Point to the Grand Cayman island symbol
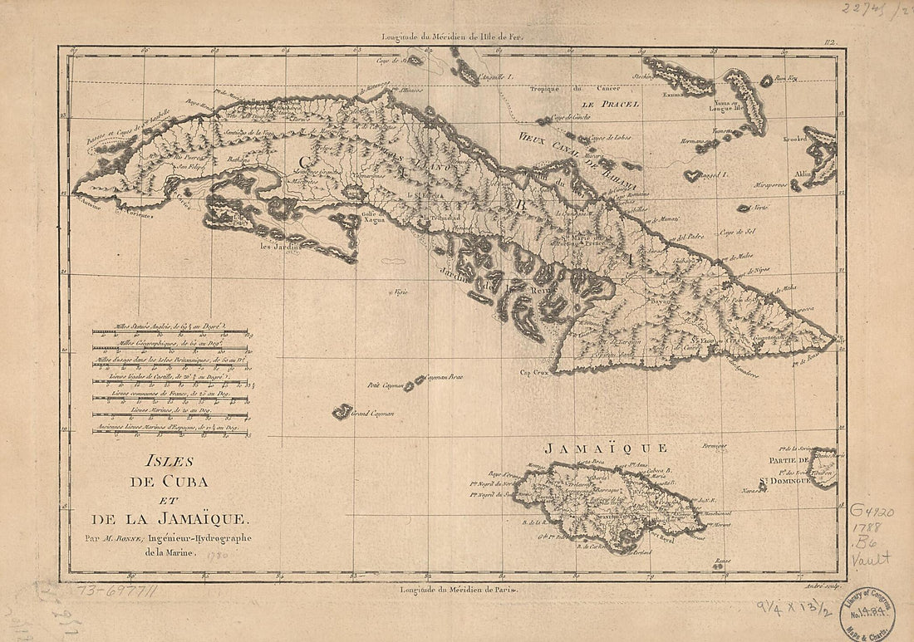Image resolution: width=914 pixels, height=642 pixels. pos(342,411)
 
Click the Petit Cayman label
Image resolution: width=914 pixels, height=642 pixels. pos(385,385)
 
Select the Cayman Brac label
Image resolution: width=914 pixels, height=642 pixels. pos(444,377)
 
